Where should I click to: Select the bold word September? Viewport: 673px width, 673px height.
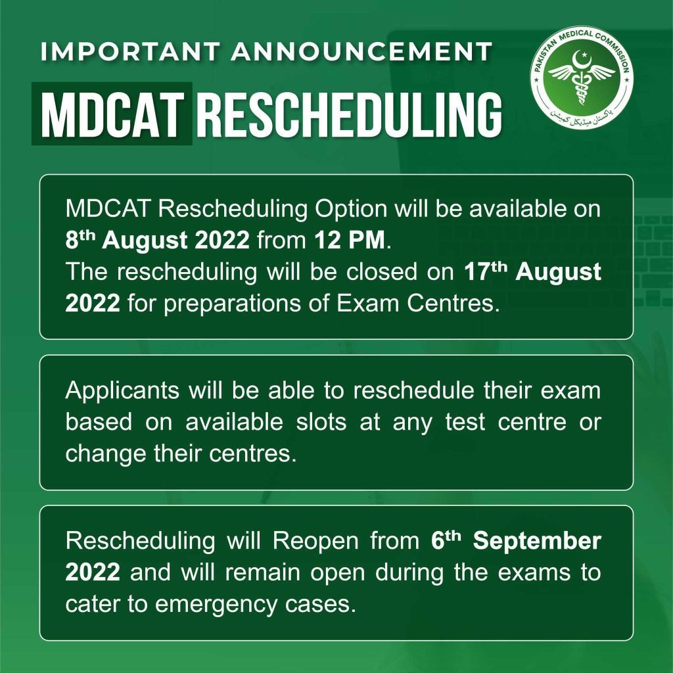(x=537, y=541)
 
